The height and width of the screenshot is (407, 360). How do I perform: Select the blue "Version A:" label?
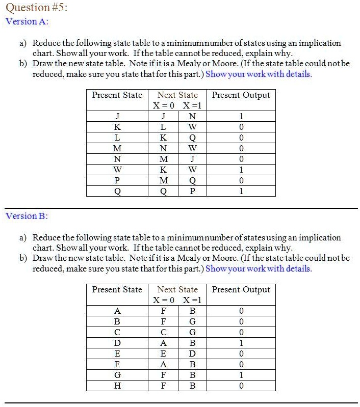[x=27, y=21]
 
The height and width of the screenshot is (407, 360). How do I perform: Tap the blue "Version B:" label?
[x=27, y=216]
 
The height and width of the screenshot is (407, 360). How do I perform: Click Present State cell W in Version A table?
[x=117, y=170]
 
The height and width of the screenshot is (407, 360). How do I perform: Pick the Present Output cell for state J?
[x=241, y=116]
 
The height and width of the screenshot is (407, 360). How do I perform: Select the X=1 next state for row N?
[x=192, y=159]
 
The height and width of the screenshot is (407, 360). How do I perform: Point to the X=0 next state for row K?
[x=163, y=127]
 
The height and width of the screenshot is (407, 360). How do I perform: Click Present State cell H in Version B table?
[x=117, y=386]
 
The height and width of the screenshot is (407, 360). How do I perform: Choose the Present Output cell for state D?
[x=241, y=343]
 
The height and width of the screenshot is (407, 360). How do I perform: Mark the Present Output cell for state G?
[x=241, y=375]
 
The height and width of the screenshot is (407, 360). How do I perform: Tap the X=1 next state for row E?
[x=192, y=354]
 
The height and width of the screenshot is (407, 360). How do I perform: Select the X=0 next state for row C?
[x=163, y=332]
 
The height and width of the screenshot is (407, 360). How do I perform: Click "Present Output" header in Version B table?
[x=241, y=290]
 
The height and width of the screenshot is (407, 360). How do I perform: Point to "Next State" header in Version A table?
[x=177, y=95]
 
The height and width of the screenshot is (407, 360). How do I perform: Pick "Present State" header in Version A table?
[x=117, y=95]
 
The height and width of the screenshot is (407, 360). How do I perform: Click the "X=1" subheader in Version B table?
[x=192, y=301]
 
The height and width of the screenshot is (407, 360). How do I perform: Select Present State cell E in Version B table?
[x=117, y=354]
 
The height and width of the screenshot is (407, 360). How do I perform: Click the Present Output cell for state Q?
[x=241, y=192]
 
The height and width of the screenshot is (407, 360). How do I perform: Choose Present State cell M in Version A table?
[x=117, y=149]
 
